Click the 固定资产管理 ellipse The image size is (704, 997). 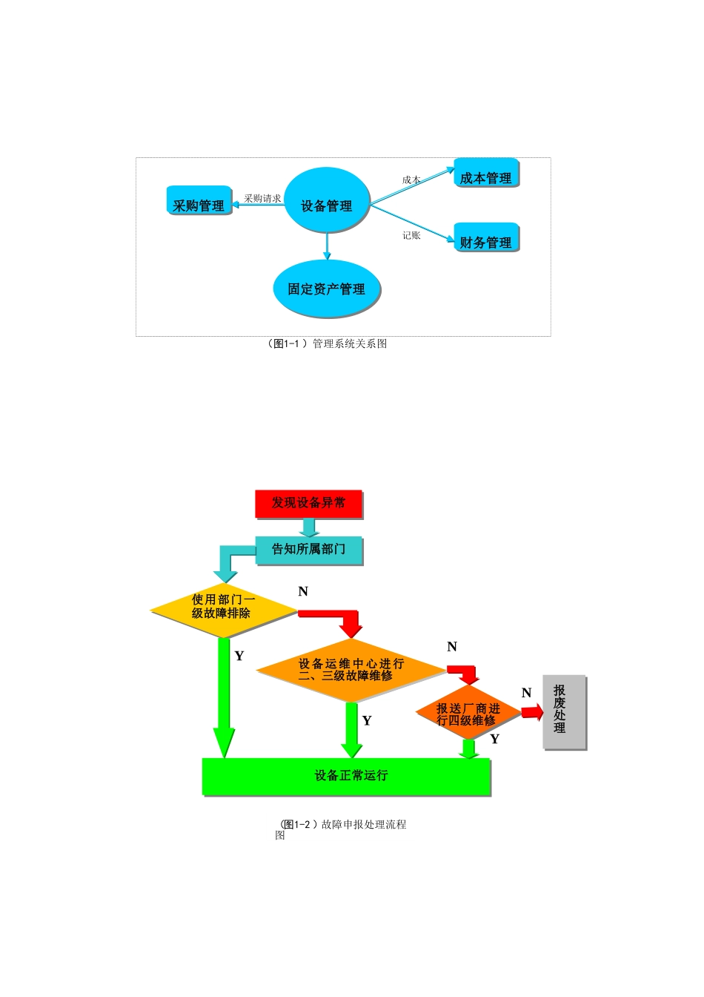pos(326,289)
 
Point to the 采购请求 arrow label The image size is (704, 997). pos(262,199)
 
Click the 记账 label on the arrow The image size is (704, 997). pos(411,235)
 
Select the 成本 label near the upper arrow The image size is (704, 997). pos(411,180)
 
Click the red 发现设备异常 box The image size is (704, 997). pos(308,503)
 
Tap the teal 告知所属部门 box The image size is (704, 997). pos(308,550)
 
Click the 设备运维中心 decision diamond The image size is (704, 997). pos(351,670)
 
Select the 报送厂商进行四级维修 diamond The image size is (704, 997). pos(468,714)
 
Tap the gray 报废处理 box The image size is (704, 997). pos(563,711)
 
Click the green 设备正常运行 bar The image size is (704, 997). pos(346,776)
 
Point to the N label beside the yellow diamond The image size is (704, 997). pos(303,591)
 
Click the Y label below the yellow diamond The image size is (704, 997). pos(239,656)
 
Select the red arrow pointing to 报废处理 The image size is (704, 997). pos(531,712)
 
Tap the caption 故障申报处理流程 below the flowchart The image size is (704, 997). pos(363,824)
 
